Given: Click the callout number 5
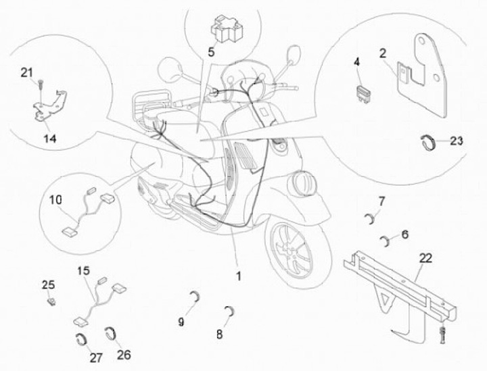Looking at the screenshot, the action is [211, 52].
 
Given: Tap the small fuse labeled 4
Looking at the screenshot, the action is [363, 95].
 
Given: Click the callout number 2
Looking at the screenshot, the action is [383, 53].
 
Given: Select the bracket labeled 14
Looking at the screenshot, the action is [49, 107].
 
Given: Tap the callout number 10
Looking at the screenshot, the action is [55, 200].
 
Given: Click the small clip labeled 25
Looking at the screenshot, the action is [51, 301].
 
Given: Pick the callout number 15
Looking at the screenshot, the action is [84, 271].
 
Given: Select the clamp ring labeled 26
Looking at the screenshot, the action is [111, 333].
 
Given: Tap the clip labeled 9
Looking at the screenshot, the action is [195, 297].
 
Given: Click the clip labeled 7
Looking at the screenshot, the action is [370, 218].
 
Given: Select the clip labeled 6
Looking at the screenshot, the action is [386, 241].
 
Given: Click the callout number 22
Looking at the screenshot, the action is [425, 257].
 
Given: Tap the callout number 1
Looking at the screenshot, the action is [239, 276].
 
